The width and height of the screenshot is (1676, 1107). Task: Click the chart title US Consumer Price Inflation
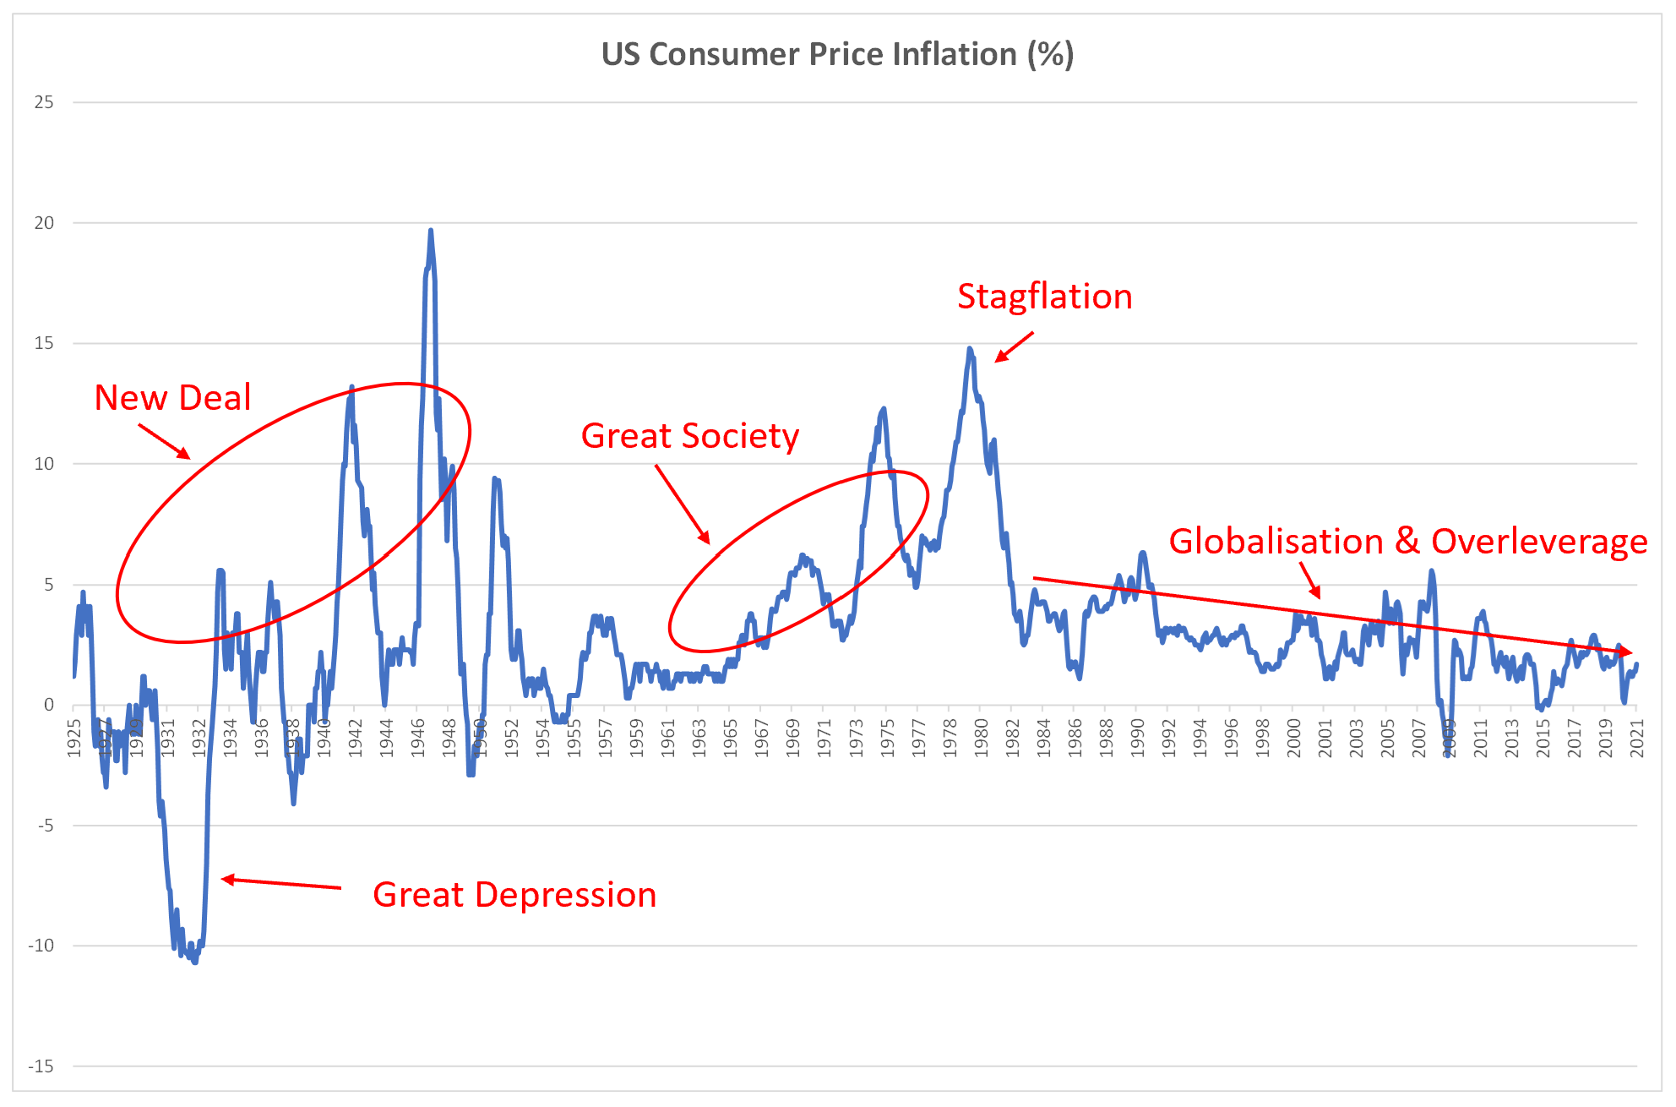836,54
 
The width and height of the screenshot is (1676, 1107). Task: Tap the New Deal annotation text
172,397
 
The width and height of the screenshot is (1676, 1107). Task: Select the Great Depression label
514,895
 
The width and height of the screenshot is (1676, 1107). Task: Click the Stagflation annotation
1044,297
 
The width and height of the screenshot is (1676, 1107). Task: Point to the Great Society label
689,436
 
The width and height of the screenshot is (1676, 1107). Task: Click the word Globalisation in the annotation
1275,542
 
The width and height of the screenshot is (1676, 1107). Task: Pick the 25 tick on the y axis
44,102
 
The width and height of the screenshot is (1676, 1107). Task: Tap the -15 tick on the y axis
41,1066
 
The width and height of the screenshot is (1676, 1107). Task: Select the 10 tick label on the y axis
44,464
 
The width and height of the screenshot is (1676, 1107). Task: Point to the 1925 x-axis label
74,738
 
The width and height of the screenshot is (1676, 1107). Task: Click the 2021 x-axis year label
1637,738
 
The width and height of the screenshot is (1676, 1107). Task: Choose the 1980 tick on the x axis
981,738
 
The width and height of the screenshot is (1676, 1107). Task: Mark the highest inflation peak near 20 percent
431,231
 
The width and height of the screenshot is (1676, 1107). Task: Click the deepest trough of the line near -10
195,962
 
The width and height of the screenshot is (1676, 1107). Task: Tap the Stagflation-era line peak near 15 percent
970,348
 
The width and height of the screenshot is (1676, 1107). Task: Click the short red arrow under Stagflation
1014,346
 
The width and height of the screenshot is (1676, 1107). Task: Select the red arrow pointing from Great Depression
281,883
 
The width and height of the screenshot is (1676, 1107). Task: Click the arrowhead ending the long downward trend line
1627,652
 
